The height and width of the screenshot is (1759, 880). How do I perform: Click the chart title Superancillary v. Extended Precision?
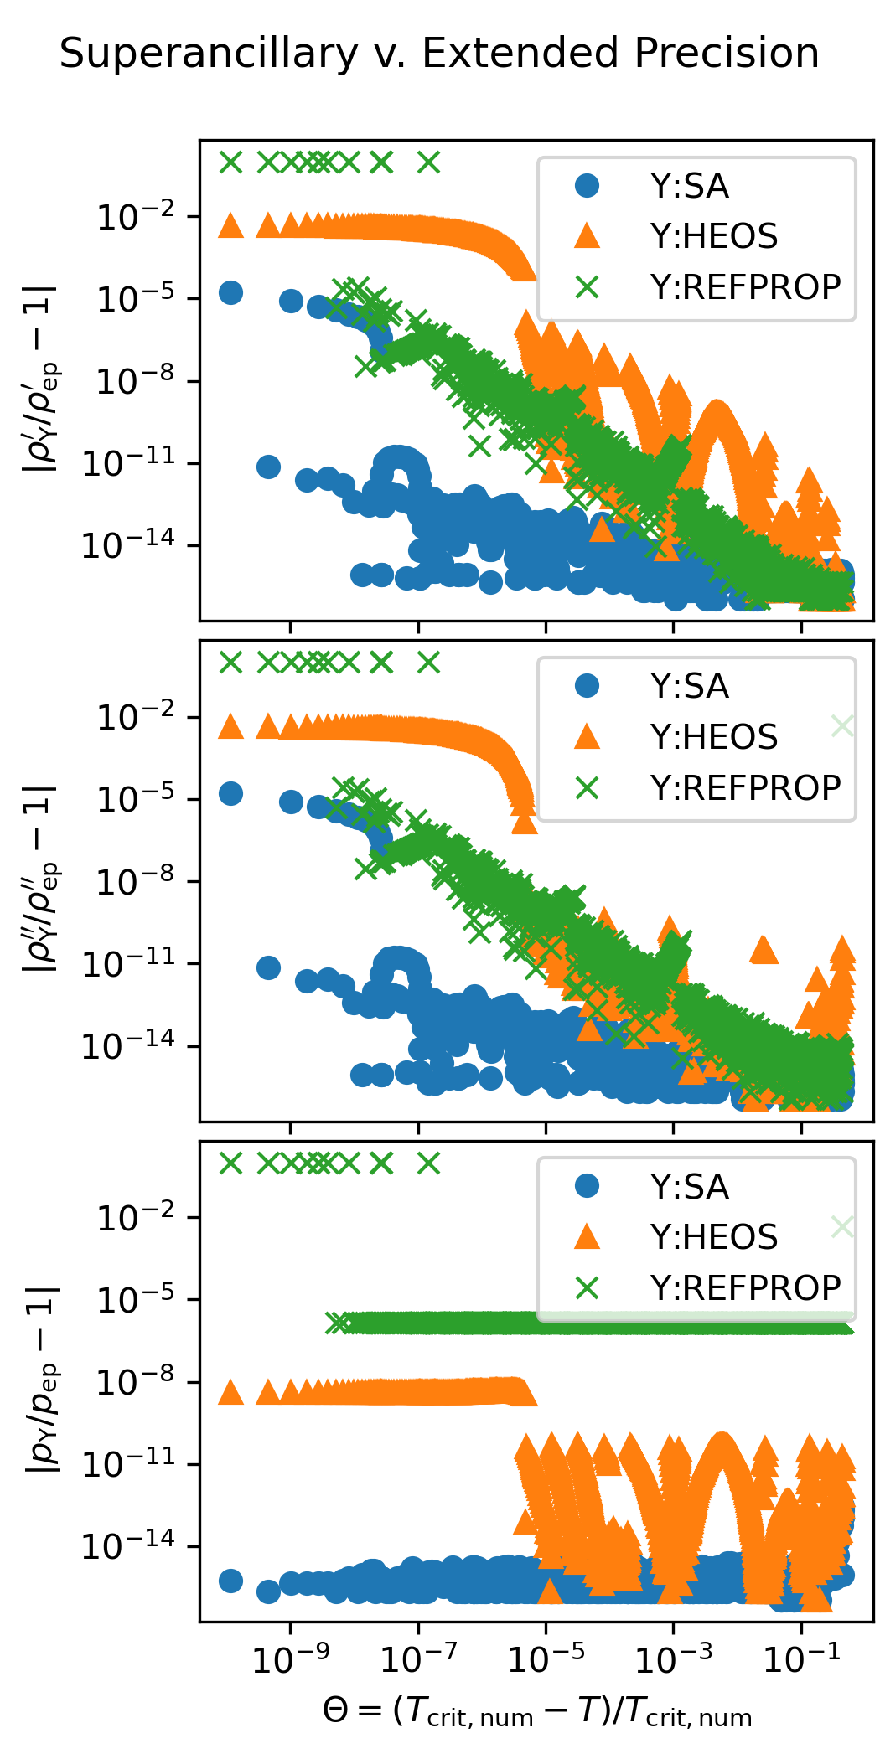[x=439, y=54]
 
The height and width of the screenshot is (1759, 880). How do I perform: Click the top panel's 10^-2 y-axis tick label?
[x=136, y=218]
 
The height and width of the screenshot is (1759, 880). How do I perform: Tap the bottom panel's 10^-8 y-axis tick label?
[x=136, y=1382]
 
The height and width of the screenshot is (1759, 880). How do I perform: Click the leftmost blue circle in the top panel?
[x=230, y=292]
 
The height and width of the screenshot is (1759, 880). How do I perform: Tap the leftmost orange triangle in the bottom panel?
[x=230, y=1392]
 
